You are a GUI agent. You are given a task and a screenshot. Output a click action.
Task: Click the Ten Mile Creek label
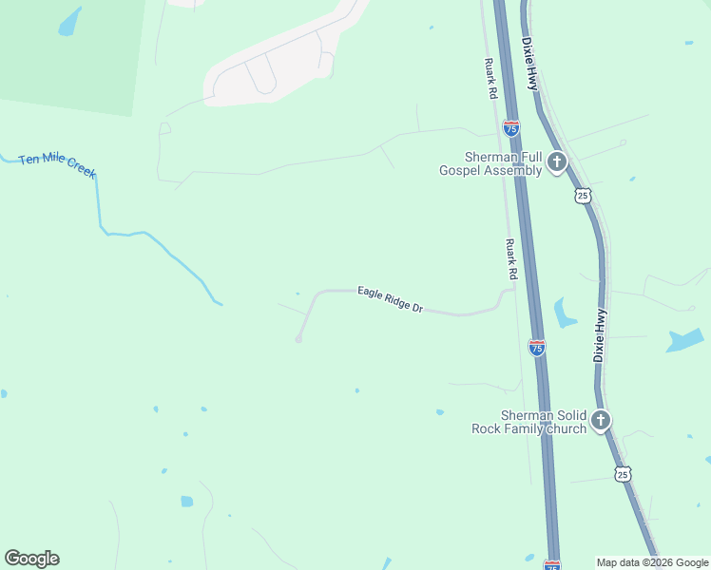point(57,163)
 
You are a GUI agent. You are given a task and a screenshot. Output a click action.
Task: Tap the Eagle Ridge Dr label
point(390,300)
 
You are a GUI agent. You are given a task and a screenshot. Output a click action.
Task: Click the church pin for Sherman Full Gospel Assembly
point(557,162)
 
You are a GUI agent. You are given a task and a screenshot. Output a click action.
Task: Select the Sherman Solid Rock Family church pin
point(600,420)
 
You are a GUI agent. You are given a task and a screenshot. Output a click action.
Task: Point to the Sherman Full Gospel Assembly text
point(490,163)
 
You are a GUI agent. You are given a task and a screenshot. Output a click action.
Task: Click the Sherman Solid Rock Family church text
point(529,422)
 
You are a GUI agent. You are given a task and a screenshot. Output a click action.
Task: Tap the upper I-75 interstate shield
point(511,126)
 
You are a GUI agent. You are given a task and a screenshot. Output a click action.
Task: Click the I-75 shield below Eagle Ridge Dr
point(537,348)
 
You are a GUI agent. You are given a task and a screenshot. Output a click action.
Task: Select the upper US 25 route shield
point(583,195)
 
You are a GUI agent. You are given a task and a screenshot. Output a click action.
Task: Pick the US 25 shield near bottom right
point(622,473)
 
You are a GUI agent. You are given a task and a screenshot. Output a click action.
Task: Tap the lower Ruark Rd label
point(511,258)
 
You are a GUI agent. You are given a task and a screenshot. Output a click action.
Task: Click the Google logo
point(31,559)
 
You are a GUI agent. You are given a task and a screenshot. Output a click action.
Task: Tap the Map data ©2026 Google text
point(652,562)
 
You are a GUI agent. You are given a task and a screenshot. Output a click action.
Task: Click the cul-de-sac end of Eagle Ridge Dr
point(298,339)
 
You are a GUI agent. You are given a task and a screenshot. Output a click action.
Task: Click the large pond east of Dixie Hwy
point(685,340)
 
